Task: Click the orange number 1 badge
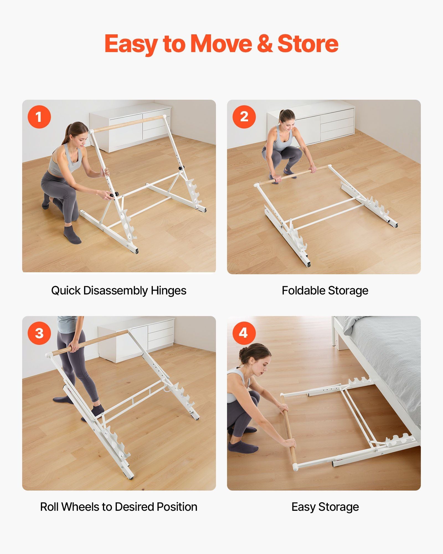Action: click(39, 117)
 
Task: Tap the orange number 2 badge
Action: click(244, 117)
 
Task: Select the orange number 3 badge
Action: click(39, 333)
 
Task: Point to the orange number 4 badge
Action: click(244, 333)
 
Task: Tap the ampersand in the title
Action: click(265, 43)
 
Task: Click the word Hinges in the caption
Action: click(168, 291)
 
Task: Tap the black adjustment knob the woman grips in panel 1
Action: click(111, 196)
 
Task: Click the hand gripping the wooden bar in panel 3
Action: click(74, 347)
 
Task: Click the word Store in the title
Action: click(308, 43)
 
